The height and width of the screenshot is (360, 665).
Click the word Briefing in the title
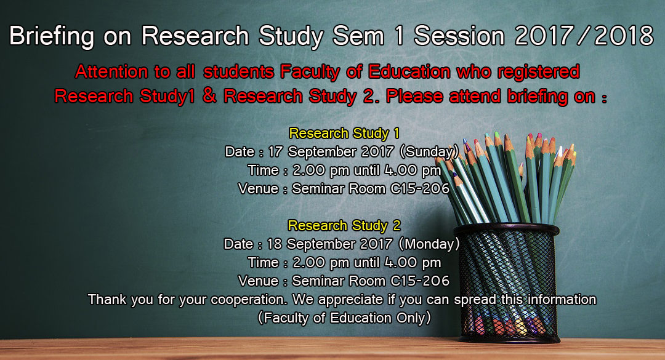pos(51,36)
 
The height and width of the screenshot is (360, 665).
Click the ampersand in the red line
pos(209,97)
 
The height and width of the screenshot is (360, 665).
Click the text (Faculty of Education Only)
pos(344,318)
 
